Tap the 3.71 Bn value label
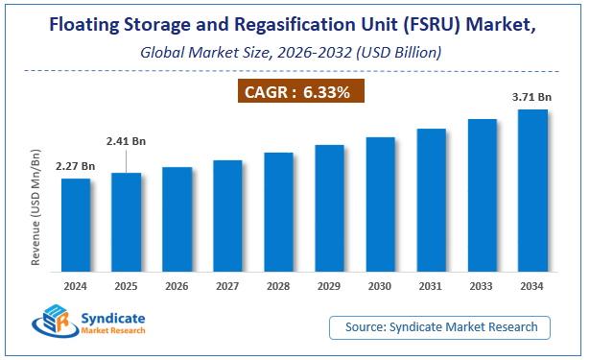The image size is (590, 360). click(532, 98)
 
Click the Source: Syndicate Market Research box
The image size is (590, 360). click(440, 327)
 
